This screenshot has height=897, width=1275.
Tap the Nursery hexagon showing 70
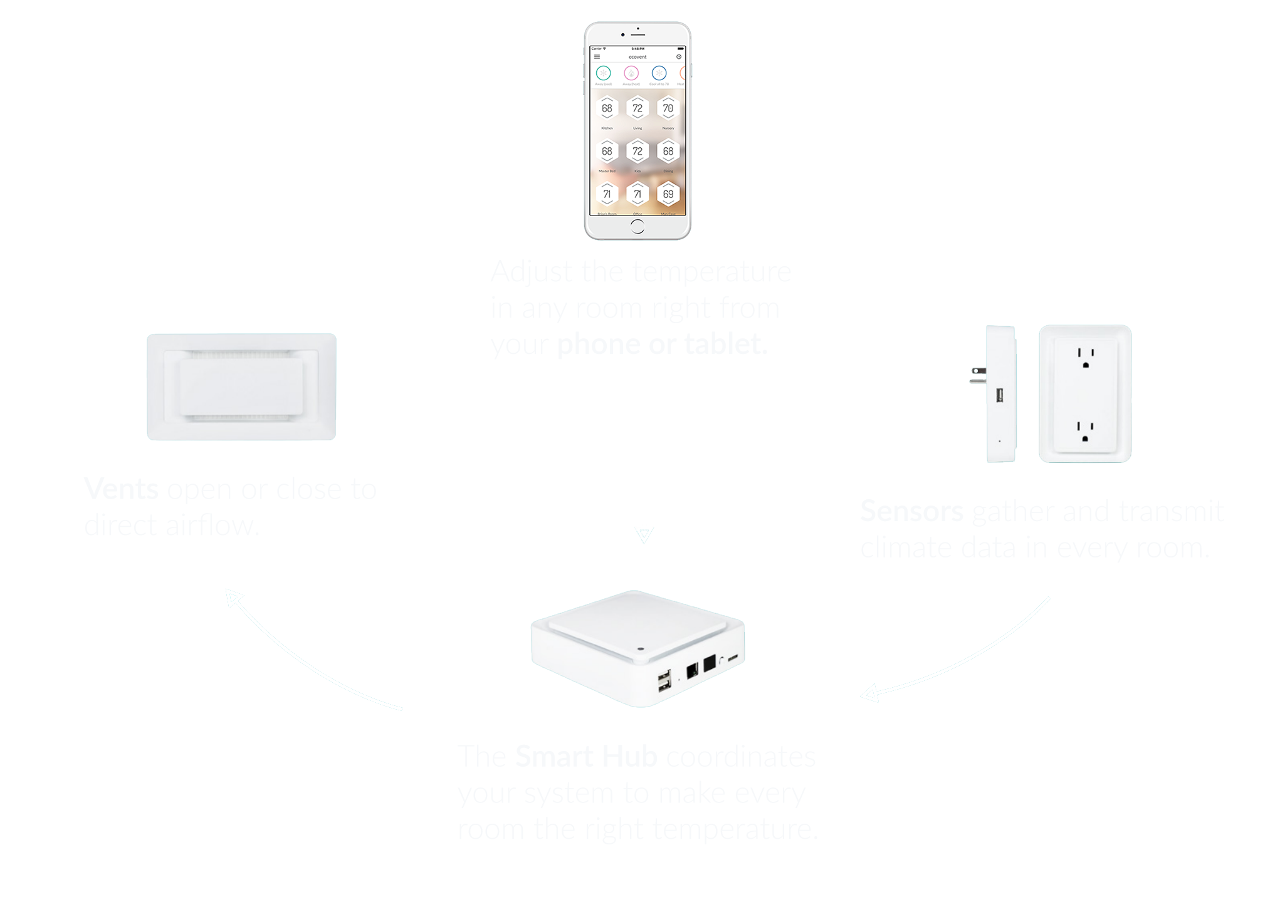point(668,108)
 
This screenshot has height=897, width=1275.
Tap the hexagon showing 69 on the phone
point(668,194)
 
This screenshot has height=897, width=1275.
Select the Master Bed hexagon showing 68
point(607,152)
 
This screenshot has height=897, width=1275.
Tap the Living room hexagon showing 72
point(637,108)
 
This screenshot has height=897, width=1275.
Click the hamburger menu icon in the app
point(597,57)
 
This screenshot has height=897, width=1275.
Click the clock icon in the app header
point(679,57)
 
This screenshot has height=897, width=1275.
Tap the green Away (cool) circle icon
point(603,73)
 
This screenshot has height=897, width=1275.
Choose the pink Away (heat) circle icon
point(631,73)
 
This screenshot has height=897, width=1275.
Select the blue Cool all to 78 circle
point(659,73)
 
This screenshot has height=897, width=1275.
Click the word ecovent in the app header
point(637,57)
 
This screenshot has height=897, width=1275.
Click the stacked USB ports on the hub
point(664,681)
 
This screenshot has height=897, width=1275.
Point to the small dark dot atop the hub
point(640,649)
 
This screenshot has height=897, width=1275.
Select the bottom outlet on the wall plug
point(1085,431)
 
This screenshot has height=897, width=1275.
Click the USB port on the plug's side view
point(1000,395)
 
